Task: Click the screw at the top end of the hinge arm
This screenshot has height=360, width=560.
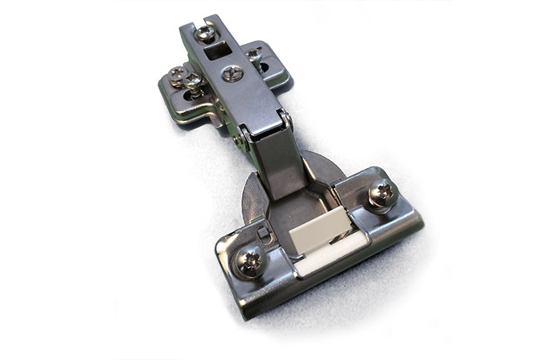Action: (x=206, y=33)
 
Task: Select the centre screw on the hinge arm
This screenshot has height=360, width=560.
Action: (x=233, y=74)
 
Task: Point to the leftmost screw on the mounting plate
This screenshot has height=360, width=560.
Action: (x=177, y=77)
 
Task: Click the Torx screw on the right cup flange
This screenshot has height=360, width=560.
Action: (x=382, y=193)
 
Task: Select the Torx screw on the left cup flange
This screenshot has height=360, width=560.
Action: (x=250, y=260)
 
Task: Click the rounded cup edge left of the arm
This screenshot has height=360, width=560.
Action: (x=251, y=196)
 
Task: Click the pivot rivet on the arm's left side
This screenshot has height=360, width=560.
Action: (x=238, y=141)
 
